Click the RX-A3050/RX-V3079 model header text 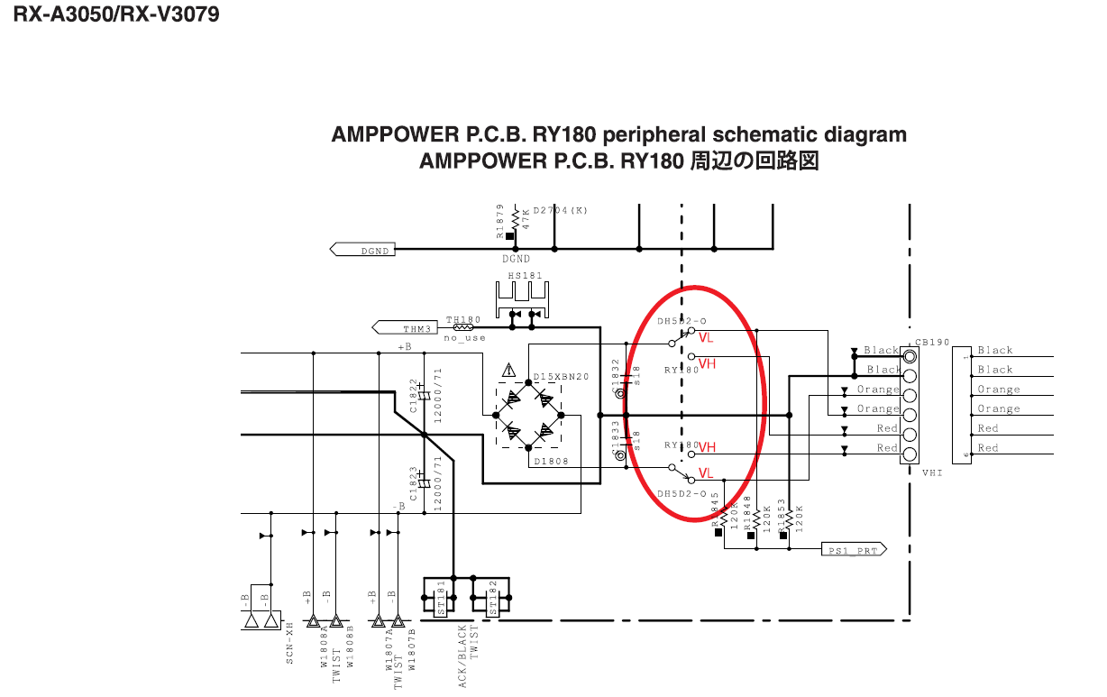[x=116, y=15]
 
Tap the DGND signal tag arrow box [x=364, y=250]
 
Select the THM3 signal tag [x=405, y=327]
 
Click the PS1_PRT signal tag [x=853, y=548]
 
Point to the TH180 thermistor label [x=463, y=319]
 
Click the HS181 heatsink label [x=524, y=275]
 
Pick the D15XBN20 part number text [x=561, y=376]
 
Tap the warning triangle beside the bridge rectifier [x=509, y=369]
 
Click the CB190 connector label [x=931, y=343]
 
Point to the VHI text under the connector [x=932, y=472]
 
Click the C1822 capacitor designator [x=414, y=395]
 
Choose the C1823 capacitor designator [x=414, y=484]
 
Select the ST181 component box [x=441, y=597]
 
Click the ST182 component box [x=492, y=597]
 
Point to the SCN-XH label [x=289, y=643]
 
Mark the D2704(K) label [x=560, y=210]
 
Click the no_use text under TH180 [x=464, y=338]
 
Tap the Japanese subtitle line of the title [x=618, y=161]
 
